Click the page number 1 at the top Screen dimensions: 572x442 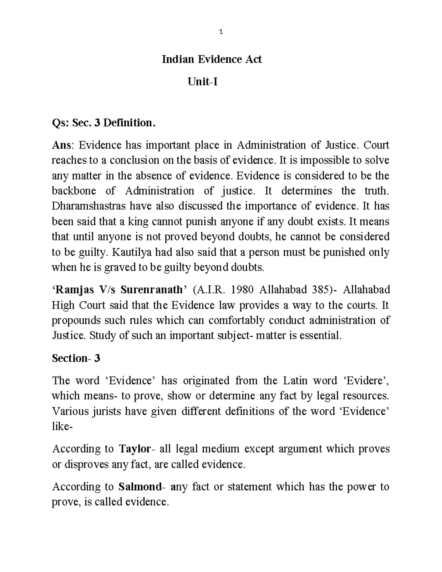click(x=221, y=32)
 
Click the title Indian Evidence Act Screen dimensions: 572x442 click(x=212, y=59)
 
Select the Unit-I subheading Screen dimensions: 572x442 click(x=203, y=82)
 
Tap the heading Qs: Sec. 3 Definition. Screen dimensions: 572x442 click(x=102, y=123)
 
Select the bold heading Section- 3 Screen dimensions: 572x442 click(x=76, y=358)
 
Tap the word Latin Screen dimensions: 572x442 click(x=297, y=380)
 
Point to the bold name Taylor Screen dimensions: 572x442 click(x=135, y=449)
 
